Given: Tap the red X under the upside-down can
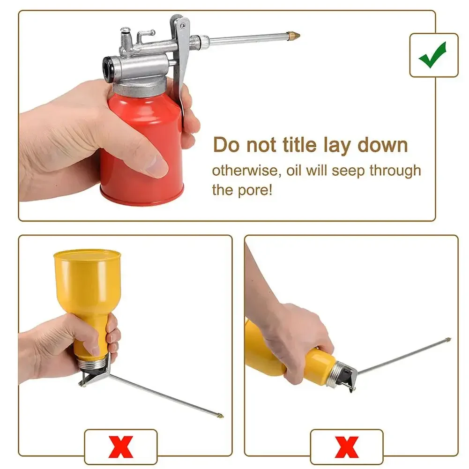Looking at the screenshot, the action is tap(121, 447).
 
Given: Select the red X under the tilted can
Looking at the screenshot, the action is tap(347, 447).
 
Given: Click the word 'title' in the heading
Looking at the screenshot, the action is tap(299, 145).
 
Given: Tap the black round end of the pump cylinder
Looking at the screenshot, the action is tap(109, 65).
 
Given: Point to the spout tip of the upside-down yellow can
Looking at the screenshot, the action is tap(220, 415).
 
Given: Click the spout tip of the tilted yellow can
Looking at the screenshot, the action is tap(448, 340).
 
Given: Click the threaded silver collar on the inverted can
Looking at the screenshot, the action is tap(91, 364).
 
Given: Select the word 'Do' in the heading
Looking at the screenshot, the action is tap(226, 145).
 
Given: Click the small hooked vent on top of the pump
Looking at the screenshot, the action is tap(145, 35).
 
